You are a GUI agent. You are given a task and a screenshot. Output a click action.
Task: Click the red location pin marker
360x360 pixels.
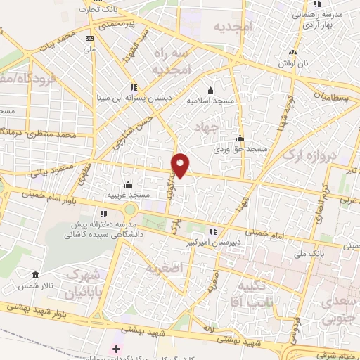coord(181,166)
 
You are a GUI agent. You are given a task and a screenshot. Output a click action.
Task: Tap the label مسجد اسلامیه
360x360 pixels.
coord(210,101)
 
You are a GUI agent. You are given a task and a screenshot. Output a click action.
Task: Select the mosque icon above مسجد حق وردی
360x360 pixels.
coord(240,138)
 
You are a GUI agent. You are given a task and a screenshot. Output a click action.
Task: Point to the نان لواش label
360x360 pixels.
coord(292,63)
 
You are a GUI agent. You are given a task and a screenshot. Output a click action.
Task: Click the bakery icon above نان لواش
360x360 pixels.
coord(292,52)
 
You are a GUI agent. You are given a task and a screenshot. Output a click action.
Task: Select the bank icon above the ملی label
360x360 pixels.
coord(89,38)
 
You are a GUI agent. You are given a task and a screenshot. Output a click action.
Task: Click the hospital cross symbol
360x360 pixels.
coord(116,349)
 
